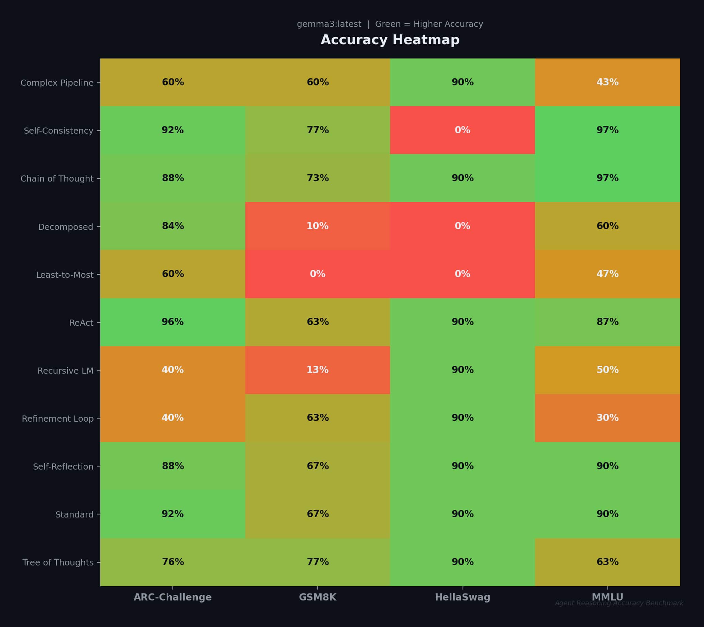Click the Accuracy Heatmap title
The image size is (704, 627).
tap(390, 40)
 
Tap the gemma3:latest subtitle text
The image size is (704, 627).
tap(390, 24)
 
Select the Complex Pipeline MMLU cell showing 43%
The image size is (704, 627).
tap(607, 82)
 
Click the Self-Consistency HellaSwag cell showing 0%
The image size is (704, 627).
tap(462, 130)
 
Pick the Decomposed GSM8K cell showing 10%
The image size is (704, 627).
tap(317, 226)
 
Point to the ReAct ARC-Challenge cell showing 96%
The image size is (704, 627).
tap(173, 322)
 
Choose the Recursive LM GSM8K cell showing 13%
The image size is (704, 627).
tap(317, 370)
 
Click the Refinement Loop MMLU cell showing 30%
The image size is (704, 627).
tap(607, 418)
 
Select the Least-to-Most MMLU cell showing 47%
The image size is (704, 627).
tap(607, 274)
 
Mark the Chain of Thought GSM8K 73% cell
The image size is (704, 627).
tap(317, 178)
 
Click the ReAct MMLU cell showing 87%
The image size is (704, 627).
tap(607, 322)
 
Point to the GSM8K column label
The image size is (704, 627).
tap(317, 597)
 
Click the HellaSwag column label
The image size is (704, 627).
tap(462, 597)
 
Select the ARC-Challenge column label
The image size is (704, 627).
tap(173, 597)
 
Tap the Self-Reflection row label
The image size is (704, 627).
tap(63, 467)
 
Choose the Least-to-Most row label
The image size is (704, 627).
tap(65, 275)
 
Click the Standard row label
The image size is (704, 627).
tap(74, 514)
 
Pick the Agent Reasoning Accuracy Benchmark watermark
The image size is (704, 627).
tap(619, 603)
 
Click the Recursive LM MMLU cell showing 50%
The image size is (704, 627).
tap(607, 370)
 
